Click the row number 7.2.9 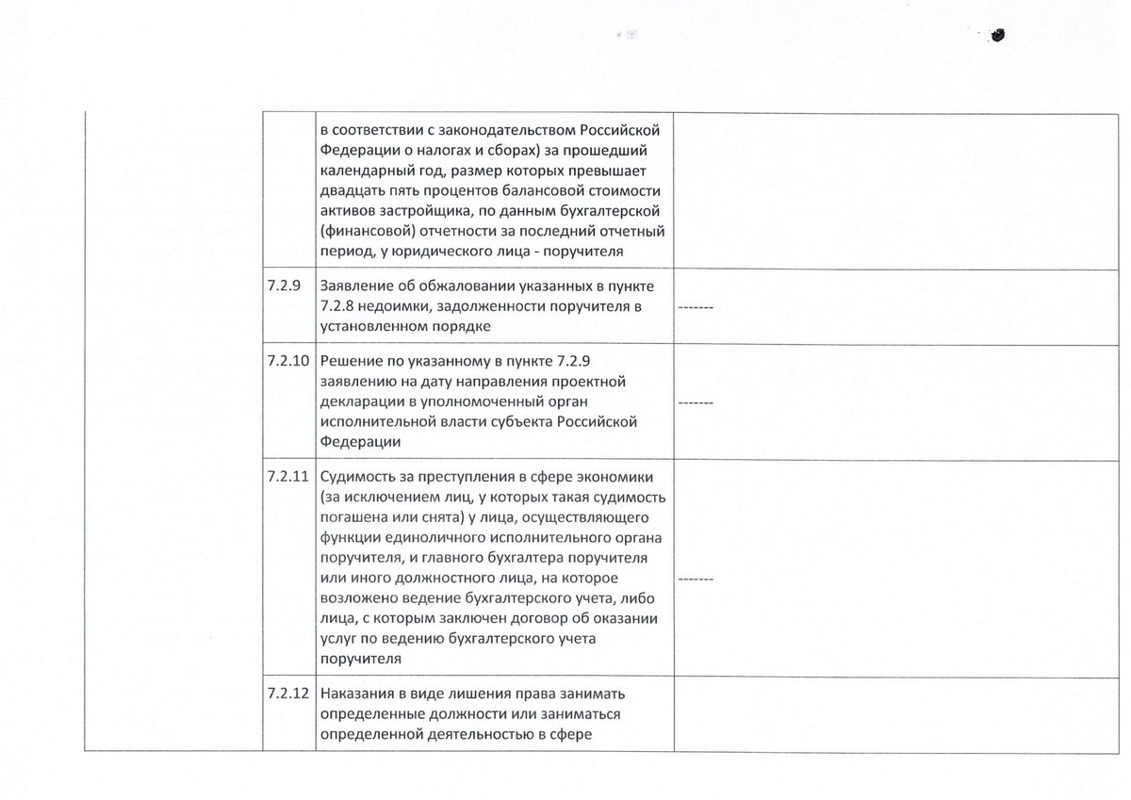[284, 286]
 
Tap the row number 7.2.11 [287, 476]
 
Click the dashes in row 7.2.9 [697, 307]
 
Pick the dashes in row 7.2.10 [697, 402]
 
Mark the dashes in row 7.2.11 [697, 577]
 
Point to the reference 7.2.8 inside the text [339, 306]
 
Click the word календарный [364, 171]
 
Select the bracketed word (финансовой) [365, 233]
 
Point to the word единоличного [434, 537]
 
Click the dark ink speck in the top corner [997, 35]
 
